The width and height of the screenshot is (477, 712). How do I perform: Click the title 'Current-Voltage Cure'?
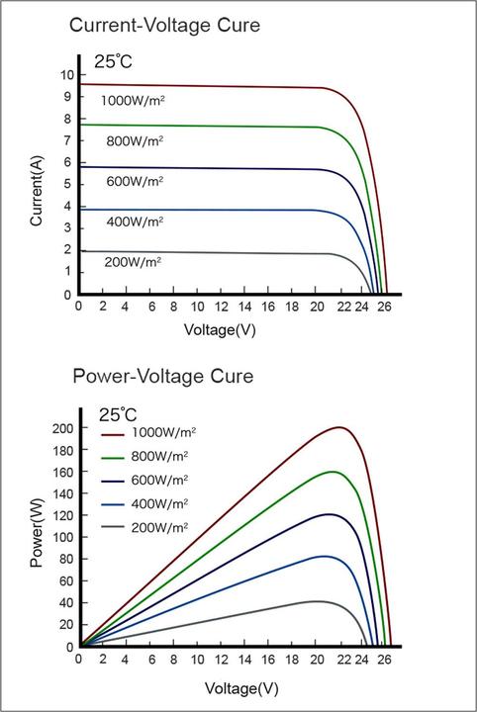[x=164, y=25]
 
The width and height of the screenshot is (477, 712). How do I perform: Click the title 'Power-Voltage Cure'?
[x=163, y=377]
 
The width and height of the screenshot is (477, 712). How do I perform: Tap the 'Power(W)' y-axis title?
[x=37, y=535]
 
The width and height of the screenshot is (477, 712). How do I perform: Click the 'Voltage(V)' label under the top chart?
[x=220, y=329]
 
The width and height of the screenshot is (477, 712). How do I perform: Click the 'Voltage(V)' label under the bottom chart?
[x=241, y=686]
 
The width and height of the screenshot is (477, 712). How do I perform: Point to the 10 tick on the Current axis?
[x=65, y=75]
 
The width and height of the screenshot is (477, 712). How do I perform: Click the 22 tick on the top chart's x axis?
[x=343, y=307]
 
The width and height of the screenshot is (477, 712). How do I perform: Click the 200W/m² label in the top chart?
[x=133, y=262]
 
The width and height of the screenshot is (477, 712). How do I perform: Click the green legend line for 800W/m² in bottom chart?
[x=118, y=457]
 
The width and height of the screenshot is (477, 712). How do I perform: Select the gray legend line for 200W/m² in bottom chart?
[x=118, y=528]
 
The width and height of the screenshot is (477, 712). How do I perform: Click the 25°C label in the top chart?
[x=113, y=61]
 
